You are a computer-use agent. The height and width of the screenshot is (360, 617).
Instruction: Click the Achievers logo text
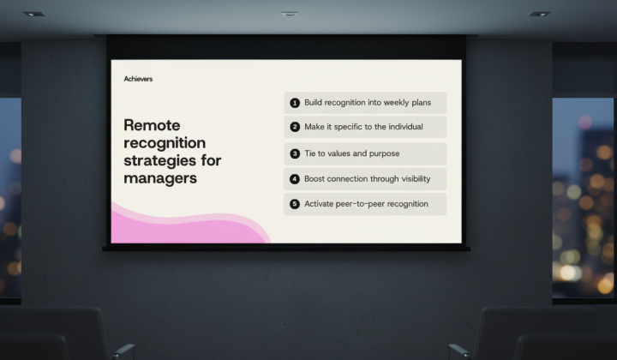pyautogui.click(x=138, y=79)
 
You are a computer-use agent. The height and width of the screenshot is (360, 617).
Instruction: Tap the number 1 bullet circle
pyautogui.click(x=295, y=103)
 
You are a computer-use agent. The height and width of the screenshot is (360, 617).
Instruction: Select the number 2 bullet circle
pyautogui.click(x=295, y=127)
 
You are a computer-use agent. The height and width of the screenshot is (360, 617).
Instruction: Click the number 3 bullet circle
pyautogui.click(x=295, y=153)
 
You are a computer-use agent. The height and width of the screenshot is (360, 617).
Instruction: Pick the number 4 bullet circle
pyautogui.click(x=295, y=179)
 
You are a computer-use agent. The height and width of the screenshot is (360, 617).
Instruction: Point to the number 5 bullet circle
pyautogui.click(x=295, y=204)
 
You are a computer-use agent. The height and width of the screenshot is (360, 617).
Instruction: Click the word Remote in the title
pyautogui.click(x=152, y=125)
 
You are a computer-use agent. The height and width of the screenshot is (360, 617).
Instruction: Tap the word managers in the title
pyautogui.click(x=160, y=178)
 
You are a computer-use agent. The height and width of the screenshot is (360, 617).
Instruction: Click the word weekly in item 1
pyautogui.click(x=396, y=102)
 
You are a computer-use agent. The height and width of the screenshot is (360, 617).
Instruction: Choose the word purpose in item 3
pyautogui.click(x=385, y=153)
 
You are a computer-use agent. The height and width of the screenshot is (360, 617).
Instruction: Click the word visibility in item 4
pyautogui.click(x=416, y=178)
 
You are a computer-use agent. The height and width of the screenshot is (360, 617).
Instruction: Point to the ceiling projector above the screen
pyautogui.click(x=290, y=14)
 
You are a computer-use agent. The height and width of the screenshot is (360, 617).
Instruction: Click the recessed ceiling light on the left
pyautogui.click(x=33, y=15)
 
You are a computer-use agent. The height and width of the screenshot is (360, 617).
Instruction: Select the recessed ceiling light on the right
pyautogui.click(x=539, y=15)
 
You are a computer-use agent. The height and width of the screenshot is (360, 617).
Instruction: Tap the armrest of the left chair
pyautogui.click(x=123, y=350)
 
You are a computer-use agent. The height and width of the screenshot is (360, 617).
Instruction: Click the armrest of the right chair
pyautogui.click(x=458, y=350)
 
